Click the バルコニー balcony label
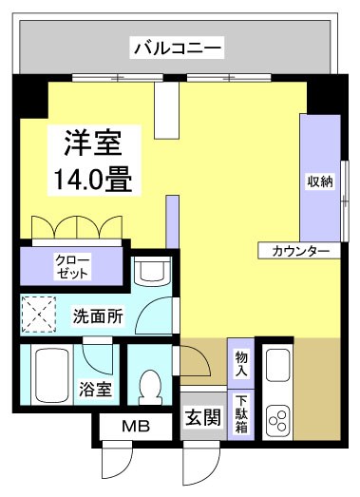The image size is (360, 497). pos(178,45)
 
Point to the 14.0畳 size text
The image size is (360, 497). pos(92,178)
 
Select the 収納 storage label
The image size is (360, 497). pos(319,182)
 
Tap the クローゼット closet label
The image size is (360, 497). pos(72,266)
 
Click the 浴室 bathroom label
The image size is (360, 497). pos(96,390)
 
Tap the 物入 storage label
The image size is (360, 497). pos(241,362)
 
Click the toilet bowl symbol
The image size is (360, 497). pos(150,387)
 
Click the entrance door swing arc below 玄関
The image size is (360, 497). pos(197,463)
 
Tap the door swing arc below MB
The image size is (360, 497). pos(116,463)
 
